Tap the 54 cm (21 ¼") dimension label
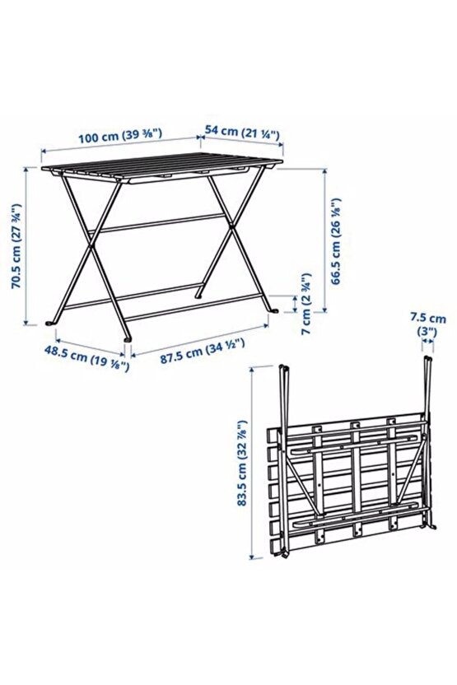(x=242, y=132)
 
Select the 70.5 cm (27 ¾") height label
(x=16, y=246)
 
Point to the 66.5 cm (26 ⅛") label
(x=336, y=241)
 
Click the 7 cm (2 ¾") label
(x=306, y=304)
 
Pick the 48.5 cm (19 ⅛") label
(x=87, y=358)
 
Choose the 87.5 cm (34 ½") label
(x=202, y=351)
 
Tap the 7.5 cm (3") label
(x=427, y=324)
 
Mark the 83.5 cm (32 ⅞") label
(x=241, y=463)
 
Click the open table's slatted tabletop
(x=162, y=167)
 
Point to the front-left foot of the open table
(x=127, y=338)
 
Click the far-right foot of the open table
(x=274, y=310)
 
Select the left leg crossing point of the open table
(x=91, y=246)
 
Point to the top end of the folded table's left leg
(x=282, y=366)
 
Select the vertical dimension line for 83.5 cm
(x=252, y=463)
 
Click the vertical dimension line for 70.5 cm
(x=26, y=246)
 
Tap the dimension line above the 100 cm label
(x=121, y=146)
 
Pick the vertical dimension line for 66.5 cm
(x=325, y=240)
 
